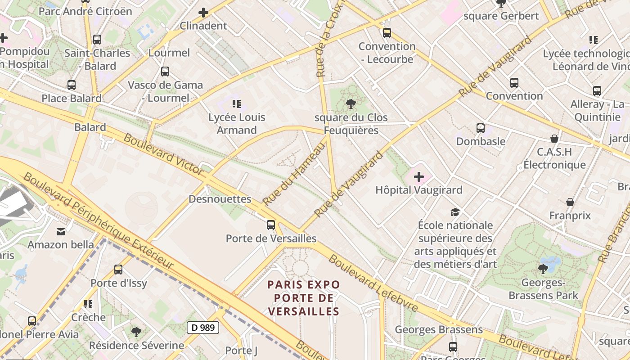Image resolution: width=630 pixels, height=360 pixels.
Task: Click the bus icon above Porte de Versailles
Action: tap(270, 225)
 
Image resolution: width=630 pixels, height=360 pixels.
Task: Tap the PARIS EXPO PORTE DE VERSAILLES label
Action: tap(304, 298)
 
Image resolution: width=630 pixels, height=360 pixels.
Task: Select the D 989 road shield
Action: tap(203, 328)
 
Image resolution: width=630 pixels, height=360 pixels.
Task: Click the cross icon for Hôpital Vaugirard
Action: tap(419, 176)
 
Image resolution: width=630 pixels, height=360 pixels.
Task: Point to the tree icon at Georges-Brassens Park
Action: tap(543, 269)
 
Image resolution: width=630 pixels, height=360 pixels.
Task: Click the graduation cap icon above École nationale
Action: tap(455, 212)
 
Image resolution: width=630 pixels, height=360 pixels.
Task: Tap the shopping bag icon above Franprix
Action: tap(570, 202)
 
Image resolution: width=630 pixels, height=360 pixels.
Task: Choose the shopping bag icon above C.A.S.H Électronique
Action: tap(554, 138)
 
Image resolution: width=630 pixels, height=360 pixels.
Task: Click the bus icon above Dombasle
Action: tap(481, 128)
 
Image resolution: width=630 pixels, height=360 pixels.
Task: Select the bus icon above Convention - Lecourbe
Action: tap(387, 32)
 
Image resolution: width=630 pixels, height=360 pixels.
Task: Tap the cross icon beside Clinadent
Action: tap(203, 13)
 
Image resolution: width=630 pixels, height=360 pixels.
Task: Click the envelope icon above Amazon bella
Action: tap(60, 232)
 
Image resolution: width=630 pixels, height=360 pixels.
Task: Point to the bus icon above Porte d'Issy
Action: tap(118, 270)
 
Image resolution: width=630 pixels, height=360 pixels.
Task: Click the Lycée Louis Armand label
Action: tap(237, 124)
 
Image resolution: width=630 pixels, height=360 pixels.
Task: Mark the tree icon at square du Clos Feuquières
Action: tap(351, 104)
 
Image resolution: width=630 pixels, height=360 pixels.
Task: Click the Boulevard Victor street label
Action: tap(163, 154)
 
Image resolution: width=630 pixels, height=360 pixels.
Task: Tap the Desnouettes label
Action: tap(220, 199)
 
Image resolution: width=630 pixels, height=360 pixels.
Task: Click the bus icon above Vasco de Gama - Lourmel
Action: tap(165, 71)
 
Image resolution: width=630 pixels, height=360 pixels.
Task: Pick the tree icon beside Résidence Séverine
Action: tap(136, 332)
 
